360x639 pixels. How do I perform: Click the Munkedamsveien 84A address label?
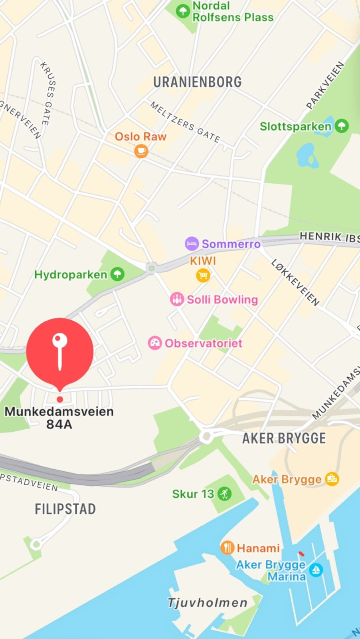59,417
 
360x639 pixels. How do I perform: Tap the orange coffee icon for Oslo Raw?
141,151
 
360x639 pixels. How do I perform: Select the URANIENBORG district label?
198,82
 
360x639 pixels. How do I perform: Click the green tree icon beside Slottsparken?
341,126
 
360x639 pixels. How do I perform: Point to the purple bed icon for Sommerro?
192,243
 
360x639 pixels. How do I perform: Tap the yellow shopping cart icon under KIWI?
203,275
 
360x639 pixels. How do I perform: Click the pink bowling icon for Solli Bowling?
177,299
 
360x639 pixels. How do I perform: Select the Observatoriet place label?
203,343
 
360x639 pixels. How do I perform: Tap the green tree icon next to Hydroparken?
117,274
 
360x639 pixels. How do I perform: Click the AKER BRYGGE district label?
284,439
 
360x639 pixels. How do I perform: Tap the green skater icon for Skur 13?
225,494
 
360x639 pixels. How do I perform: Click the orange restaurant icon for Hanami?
227,548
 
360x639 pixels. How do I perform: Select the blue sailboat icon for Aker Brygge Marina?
316,570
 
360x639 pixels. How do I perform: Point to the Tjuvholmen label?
208,603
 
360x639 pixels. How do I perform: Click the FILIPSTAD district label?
65,509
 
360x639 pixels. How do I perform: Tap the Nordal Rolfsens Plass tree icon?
183,11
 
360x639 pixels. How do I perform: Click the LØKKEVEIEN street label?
295,282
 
